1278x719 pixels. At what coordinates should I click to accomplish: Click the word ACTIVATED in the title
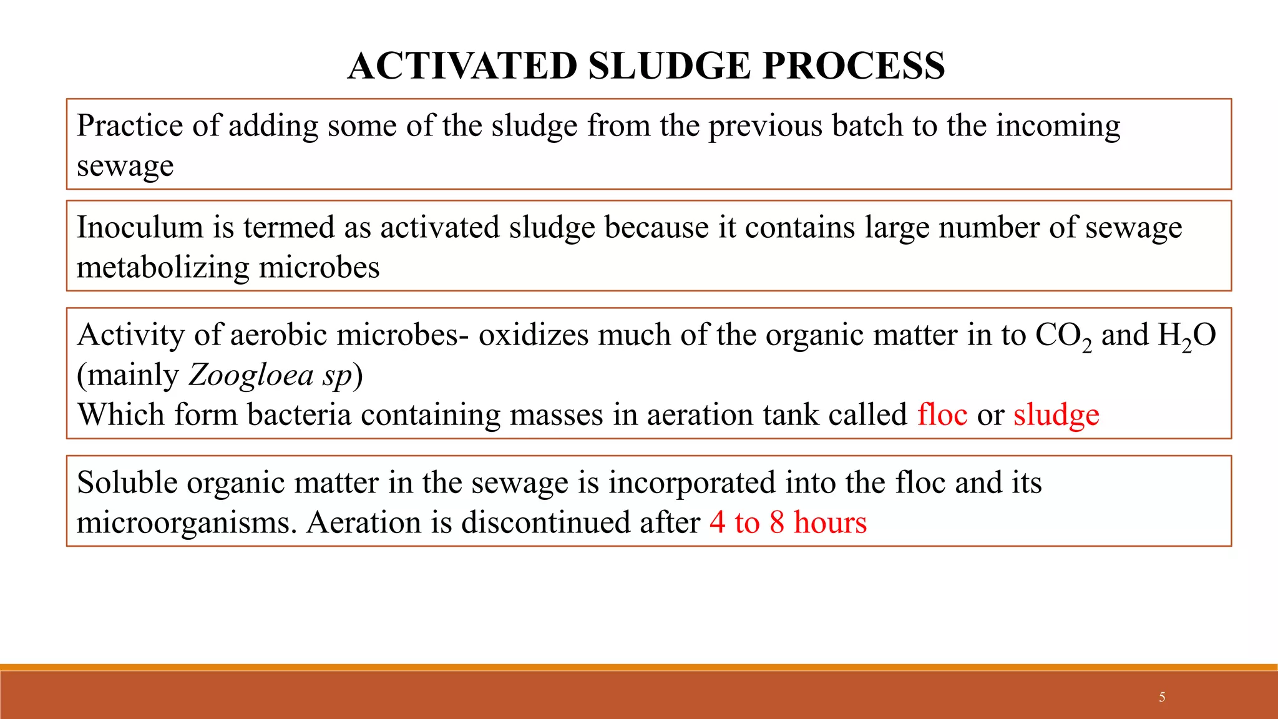coord(462,66)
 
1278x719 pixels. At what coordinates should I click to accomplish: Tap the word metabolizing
coord(163,268)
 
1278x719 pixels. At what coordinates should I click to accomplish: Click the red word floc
coord(942,415)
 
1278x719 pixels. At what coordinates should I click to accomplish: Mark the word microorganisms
coord(187,523)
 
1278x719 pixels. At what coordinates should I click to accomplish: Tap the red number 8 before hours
coord(776,522)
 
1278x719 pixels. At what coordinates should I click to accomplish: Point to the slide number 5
coord(1162,697)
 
